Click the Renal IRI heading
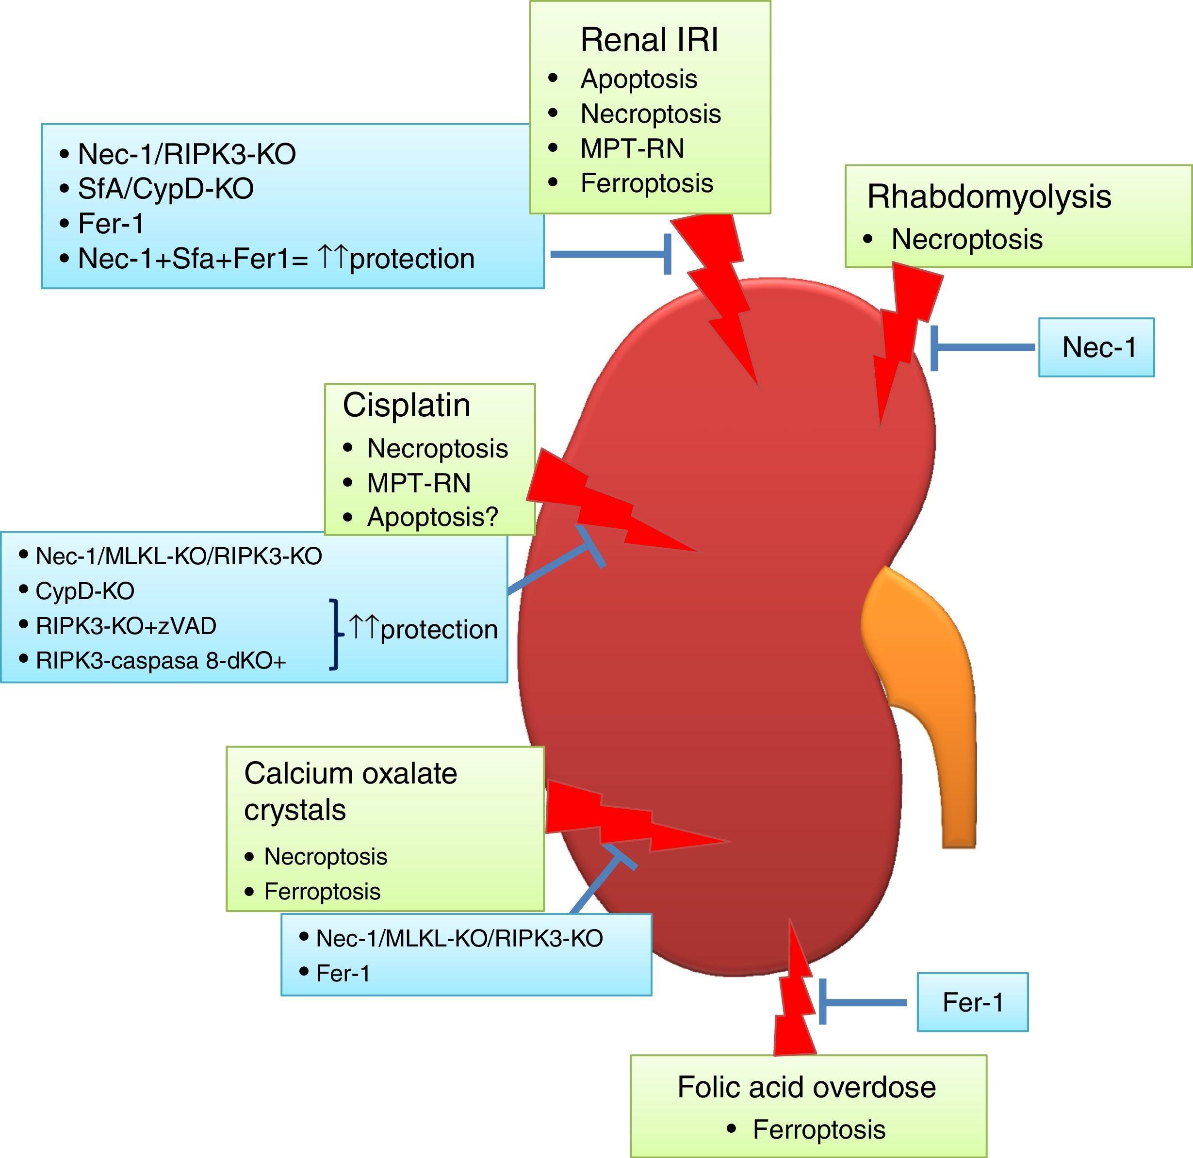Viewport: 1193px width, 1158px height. coord(649,40)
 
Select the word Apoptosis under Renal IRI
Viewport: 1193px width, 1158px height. coord(638,79)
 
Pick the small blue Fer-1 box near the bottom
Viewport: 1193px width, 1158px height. coord(972,1002)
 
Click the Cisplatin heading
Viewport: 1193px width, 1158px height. coord(406,405)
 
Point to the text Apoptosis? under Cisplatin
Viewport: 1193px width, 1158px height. coord(432,517)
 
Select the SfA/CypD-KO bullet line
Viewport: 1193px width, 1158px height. coord(165,189)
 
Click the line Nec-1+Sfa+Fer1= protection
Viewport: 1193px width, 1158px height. coord(276,259)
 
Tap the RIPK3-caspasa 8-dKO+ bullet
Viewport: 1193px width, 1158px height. coord(161,661)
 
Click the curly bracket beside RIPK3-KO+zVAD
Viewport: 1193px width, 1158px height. coord(335,634)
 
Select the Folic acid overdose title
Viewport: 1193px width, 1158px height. coord(806,1087)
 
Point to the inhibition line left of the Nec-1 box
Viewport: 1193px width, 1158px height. coord(983,347)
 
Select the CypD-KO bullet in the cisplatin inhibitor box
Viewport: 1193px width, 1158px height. coord(84,591)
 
